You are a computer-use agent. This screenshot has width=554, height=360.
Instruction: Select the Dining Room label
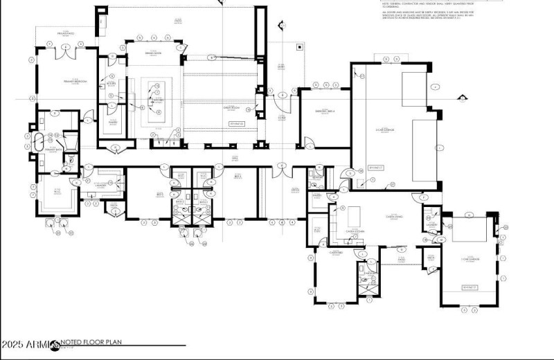point(153,53)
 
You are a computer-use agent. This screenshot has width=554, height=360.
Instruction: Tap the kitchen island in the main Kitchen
point(153,101)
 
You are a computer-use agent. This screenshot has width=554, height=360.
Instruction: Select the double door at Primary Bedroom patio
point(65,46)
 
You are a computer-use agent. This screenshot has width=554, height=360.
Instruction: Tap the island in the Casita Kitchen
point(353,213)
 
